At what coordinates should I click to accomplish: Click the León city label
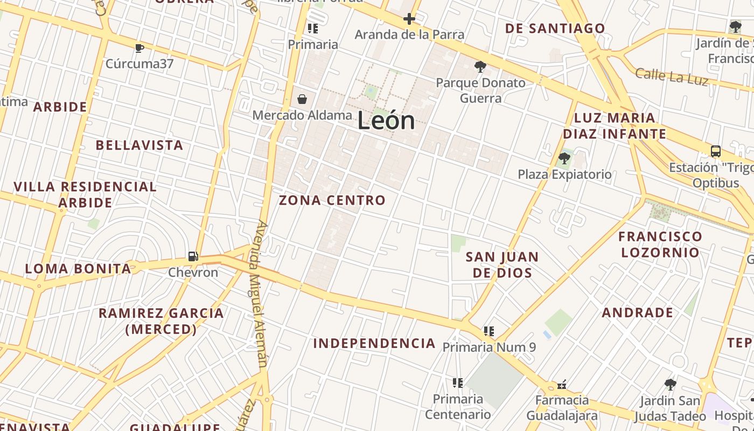click(386, 121)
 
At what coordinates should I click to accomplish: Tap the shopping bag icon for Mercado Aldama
click(302, 99)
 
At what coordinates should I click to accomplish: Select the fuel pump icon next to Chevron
click(193, 256)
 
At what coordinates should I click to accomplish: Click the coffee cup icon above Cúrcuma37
click(139, 48)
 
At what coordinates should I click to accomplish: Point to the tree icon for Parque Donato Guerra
click(480, 67)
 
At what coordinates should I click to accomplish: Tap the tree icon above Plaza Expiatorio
click(564, 158)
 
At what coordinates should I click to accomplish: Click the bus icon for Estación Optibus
click(716, 151)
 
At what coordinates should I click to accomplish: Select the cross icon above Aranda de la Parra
click(409, 19)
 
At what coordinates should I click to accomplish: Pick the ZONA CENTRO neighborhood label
click(332, 200)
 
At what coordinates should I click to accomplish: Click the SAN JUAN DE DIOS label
click(502, 265)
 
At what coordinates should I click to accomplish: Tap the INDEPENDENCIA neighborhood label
click(374, 343)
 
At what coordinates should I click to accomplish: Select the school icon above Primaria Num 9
click(489, 331)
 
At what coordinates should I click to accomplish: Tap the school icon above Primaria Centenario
click(458, 383)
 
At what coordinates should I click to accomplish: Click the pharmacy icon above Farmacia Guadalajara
click(562, 385)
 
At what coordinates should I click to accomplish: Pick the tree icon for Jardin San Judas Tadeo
click(670, 385)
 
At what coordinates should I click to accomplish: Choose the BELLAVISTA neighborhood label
click(139, 145)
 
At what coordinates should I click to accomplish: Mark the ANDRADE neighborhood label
click(638, 312)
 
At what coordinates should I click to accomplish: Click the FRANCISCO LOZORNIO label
click(660, 244)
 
